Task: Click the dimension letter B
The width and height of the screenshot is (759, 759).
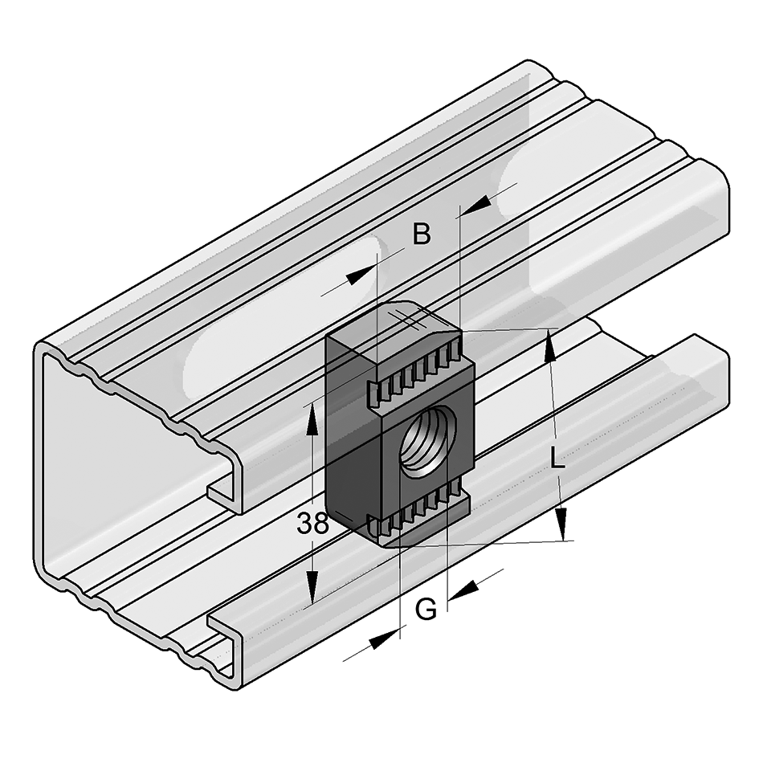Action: coord(422,235)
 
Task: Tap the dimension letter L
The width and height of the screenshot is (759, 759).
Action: coord(557,459)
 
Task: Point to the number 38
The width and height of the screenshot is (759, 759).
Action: coord(312,524)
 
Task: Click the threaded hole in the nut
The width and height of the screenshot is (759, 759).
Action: coord(426,439)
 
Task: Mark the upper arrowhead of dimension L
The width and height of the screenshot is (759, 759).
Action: coord(550,343)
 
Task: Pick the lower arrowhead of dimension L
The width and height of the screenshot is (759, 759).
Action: coord(562,525)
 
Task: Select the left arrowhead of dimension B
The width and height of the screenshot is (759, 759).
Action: coord(361,274)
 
